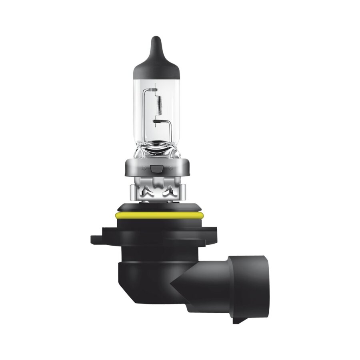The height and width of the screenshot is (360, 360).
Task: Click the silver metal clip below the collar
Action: point(156,190)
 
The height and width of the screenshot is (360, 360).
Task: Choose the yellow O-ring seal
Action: point(156,216)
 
